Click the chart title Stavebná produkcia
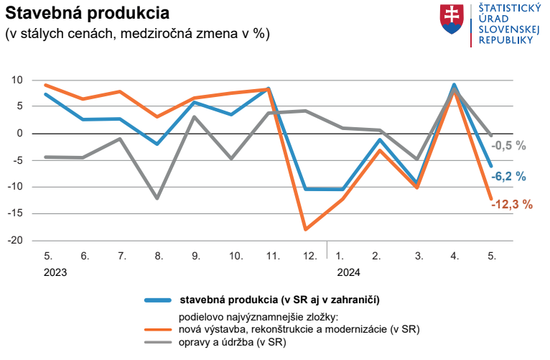coord(88,14)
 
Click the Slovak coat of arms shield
coord(452,19)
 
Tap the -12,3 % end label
coord(512,204)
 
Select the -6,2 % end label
coord(508,177)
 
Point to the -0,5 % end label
coord(508,146)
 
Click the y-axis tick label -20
coord(15,240)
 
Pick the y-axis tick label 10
coord(17,80)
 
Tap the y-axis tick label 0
coord(19,134)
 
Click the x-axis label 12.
coord(310,256)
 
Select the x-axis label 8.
coord(159,256)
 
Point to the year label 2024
coord(349,272)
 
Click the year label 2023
coord(55,272)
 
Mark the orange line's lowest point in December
coord(306,229)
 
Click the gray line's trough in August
coord(157,198)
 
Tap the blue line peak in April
coord(454,85)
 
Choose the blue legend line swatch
coord(158,300)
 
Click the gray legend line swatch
coord(158,342)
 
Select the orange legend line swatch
coord(158,330)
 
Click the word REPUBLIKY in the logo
coord(505,40)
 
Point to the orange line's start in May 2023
coord(46,85)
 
